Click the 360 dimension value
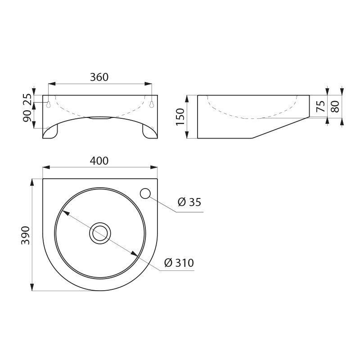99,77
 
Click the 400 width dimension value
99,161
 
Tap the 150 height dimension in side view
180,117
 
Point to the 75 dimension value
320,107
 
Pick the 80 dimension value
334,107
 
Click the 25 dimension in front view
27,99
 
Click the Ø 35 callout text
189,202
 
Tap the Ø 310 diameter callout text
179,263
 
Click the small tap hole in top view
145,193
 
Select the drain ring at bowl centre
100,234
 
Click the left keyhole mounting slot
48,104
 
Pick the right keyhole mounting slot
152,104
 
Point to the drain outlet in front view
100,118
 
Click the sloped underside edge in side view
279,128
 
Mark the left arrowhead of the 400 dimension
45,167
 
